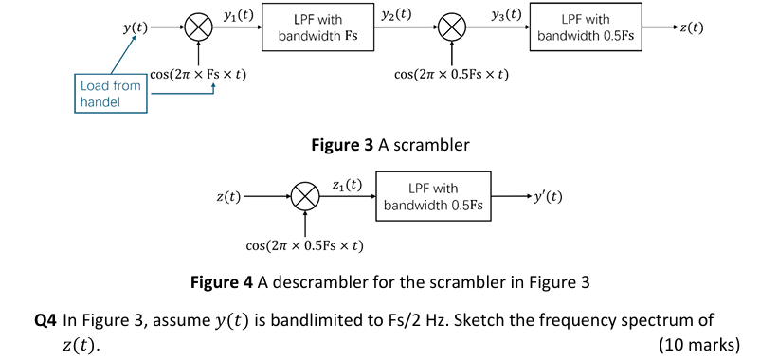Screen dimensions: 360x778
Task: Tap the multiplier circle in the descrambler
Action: click(x=305, y=197)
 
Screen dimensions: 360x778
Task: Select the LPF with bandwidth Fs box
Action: click(x=317, y=27)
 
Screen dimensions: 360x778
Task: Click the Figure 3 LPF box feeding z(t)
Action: click(x=585, y=27)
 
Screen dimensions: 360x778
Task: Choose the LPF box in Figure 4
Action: click(x=433, y=196)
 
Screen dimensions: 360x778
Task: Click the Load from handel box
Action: click(x=111, y=93)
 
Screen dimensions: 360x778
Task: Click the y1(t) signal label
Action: click(x=237, y=15)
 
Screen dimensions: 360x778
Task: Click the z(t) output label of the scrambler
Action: click(x=692, y=27)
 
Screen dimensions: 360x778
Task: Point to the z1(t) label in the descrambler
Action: click(x=347, y=184)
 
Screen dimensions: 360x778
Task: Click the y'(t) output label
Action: click(x=548, y=197)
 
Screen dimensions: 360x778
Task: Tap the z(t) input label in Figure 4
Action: click(x=227, y=197)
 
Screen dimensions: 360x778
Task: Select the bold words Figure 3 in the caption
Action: click(x=341, y=146)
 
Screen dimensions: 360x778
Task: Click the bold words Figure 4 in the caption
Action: click(x=221, y=281)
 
